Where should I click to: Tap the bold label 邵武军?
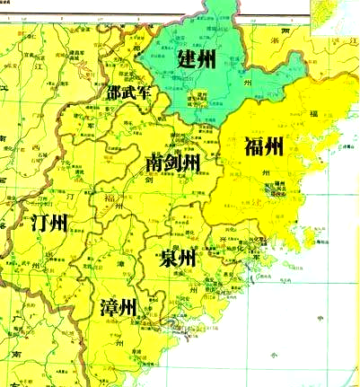128,92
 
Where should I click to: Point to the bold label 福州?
263,146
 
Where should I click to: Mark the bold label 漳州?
118,309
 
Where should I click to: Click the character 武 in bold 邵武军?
128,92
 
